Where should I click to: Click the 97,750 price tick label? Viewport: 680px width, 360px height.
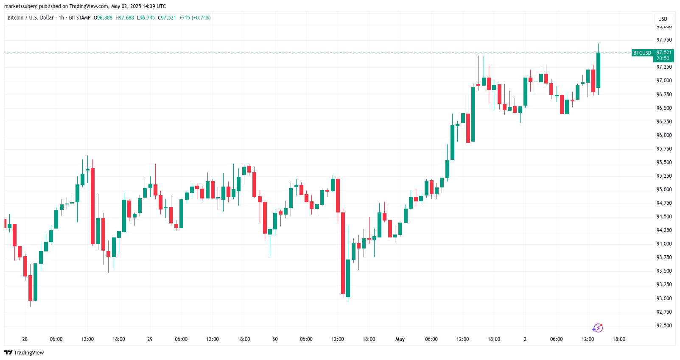(664, 40)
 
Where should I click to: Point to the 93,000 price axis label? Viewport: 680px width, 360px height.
(664, 299)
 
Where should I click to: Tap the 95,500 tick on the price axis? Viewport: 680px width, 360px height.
(664, 162)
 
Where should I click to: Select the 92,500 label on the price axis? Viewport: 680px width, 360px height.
(664, 326)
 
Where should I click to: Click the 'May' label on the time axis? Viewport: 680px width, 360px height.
(400, 339)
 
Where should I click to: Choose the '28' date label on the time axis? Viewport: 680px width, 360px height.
(25, 339)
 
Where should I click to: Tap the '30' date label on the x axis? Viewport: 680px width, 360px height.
(275, 339)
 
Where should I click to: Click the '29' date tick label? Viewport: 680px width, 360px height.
(150, 339)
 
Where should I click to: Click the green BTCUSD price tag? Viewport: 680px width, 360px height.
(642, 53)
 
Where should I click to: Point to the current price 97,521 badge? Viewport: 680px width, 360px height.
(663, 53)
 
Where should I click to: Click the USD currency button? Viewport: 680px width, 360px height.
(663, 19)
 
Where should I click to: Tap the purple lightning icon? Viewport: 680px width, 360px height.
(597, 328)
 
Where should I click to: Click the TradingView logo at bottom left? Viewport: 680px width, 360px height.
(24, 353)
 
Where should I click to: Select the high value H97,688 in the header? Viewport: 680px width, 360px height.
(125, 18)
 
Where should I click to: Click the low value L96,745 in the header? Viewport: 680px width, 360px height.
(146, 18)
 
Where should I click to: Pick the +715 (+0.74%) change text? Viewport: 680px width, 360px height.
(195, 18)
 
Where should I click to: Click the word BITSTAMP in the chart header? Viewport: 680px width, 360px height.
(80, 18)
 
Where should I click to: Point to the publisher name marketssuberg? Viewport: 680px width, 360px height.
(21, 6)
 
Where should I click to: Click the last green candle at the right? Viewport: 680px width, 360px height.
(598, 70)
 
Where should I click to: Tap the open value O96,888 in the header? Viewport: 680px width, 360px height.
(103, 18)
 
